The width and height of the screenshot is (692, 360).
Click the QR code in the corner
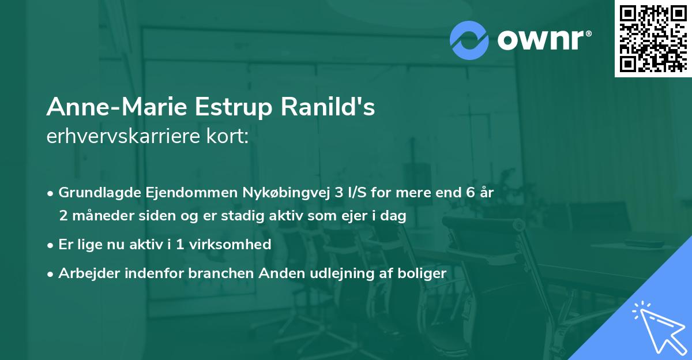pyautogui.click(x=653, y=38)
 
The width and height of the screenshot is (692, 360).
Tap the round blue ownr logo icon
pyautogui.click(x=469, y=40)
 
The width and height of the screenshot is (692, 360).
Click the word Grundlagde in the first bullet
pyautogui.click(x=93, y=193)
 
